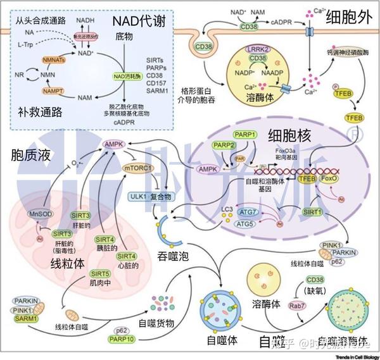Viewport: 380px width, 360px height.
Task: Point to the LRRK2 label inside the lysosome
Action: click(257, 49)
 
